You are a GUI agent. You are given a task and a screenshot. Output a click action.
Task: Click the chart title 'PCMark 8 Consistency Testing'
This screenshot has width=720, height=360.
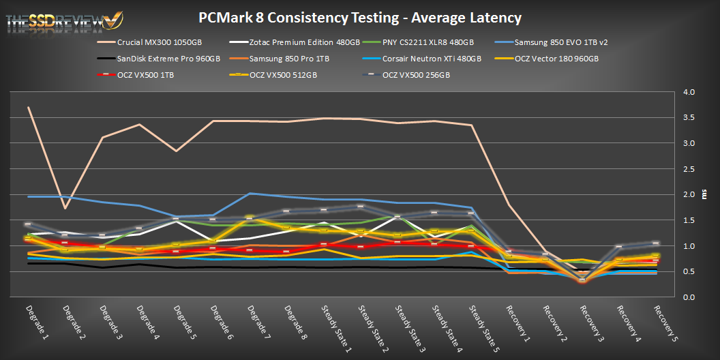(x=361, y=16)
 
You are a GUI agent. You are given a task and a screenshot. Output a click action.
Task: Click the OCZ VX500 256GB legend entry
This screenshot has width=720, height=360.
(x=415, y=75)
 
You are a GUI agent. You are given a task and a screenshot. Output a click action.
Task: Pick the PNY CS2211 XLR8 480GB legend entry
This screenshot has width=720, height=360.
(x=432, y=42)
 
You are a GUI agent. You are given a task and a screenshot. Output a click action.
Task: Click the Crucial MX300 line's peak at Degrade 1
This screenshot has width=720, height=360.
(x=28, y=108)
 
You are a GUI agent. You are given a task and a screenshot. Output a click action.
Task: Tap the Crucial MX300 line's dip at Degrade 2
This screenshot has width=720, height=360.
(x=64, y=208)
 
